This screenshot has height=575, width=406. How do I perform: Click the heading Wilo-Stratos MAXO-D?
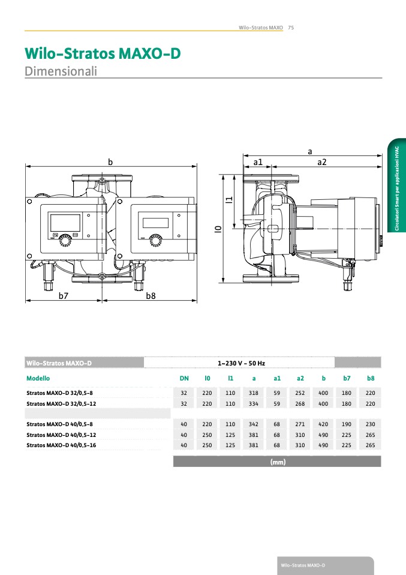click(x=103, y=54)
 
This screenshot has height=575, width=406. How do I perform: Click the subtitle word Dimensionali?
click(x=61, y=71)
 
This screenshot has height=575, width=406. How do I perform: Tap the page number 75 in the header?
click(x=290, y=28)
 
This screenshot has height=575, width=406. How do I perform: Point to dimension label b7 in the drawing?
click(x=64, y=296)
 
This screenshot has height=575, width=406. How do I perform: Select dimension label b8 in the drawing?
click(x=151, y=296)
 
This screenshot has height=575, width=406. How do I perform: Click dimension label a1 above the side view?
click(x=258, y=162)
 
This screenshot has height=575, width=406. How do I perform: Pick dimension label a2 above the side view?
click(x=321, y=162)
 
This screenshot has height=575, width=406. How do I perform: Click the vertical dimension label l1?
click(x=228, y=200)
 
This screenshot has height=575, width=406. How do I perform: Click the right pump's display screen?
click(x=155, y=222)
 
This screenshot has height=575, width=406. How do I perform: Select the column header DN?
click(x=184, y=379)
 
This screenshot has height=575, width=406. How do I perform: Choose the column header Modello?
click(x=38, y=379)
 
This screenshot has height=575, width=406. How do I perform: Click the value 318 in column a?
click(x=254, y=393)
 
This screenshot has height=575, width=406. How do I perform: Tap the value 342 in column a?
click(x=254, y=424)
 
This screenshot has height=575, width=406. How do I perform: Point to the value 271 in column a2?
click(x=300, y=424)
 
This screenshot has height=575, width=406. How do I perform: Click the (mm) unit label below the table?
click(x=277, y=462)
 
